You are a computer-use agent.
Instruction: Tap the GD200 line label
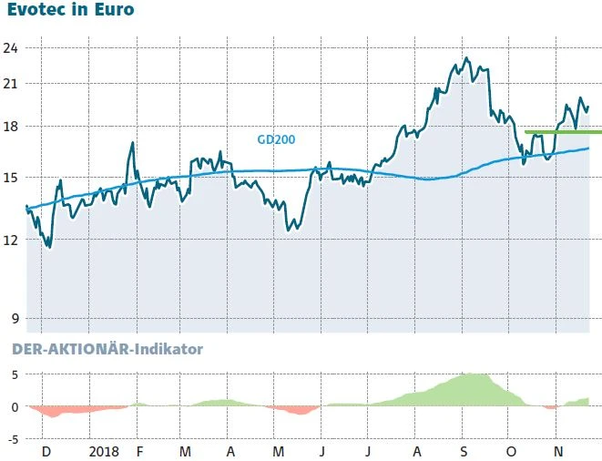[x=275, y=139]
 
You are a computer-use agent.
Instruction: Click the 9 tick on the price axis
[x=12, y=319]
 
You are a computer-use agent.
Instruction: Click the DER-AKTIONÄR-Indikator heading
[x=107, y=349]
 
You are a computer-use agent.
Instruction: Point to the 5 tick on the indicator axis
[x=14, y=374]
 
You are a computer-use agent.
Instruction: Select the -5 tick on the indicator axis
[x=12, y=439]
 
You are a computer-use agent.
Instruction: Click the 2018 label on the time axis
[x=105, y=451]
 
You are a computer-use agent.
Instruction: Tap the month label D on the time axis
[x=46, y=451]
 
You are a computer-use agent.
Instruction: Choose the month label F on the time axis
[x=138, y=451]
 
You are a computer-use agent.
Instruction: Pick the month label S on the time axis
[x=464, y=451]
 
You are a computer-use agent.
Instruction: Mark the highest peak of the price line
[x=467, y=58]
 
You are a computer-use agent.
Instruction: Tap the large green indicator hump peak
[x=474, y=374]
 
